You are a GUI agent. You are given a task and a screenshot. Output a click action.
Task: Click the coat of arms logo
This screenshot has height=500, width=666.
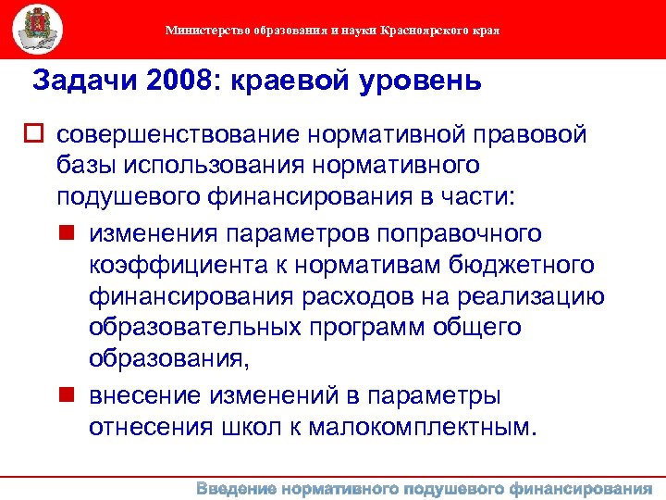[38, 29]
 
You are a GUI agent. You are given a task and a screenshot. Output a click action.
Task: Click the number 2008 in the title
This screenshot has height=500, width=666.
[175, 81]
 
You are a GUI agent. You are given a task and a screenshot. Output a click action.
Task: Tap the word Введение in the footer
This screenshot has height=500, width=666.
[237, 489]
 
